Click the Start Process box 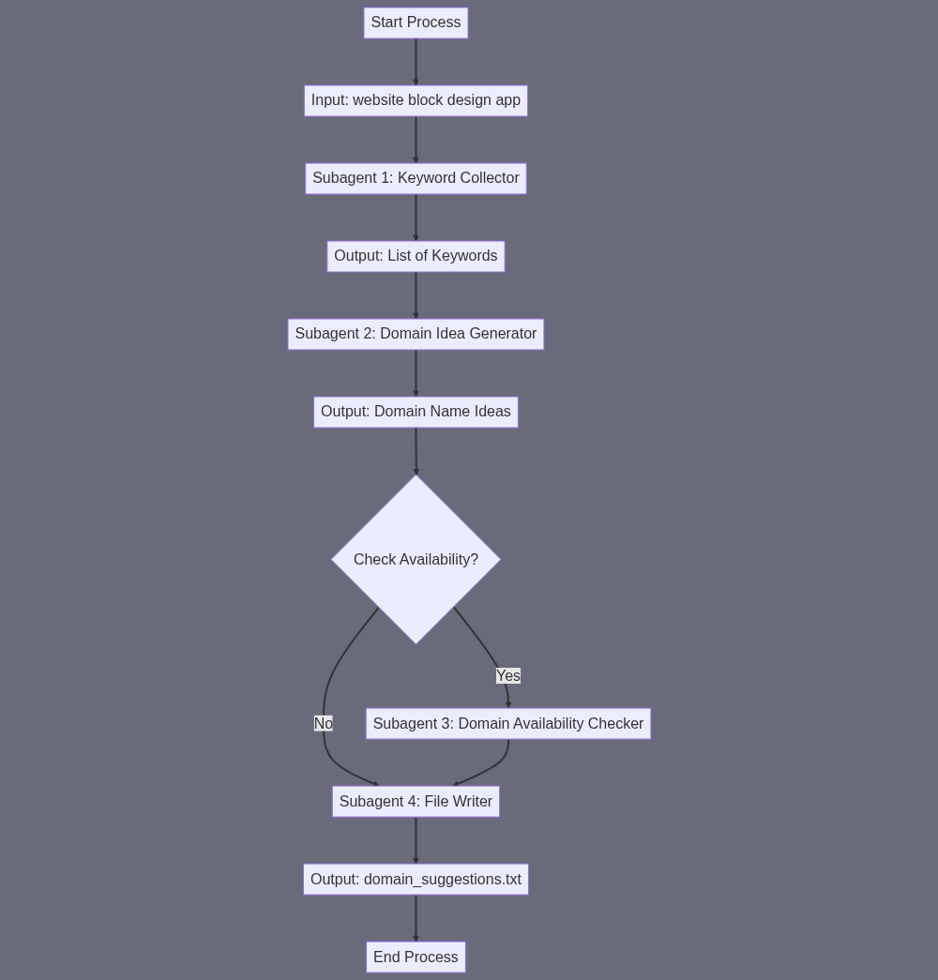pyautogui.click(x=416, y=23)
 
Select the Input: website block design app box pyautogui.click(x=416, y=100)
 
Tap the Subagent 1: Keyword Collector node pyautogui.click(x=416, y=178)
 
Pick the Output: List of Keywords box pyautogui.click(x=416, y=256)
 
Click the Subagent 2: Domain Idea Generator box pyautogui.click(x=416, y=335)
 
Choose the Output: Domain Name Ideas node pyautogui.click(x=416, y=412)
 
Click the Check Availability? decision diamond pyautogui.click(x=416, y=559)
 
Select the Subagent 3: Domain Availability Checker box pyautogui.click(x=508, y=724)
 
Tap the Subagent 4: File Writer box pyautogui.click(x=416, y=801)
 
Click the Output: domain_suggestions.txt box pyautogui.click(x=416, y=880)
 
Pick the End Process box pyautogui.click(x=416, y=957)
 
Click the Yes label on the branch pyautogui.click(x=508, y=675)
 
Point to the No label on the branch pyautogui.click(x=324, y=723)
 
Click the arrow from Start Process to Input pyautogui.click(x=416, y=62)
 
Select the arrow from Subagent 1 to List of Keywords pyautogui.click(x=416, y=218)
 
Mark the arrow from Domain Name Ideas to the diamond pyautogui.click(x=416, y=451)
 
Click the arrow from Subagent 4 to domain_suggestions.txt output pyautogui.click(x=416, y=840)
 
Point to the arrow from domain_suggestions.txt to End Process pyautogui.click(x=416, y=918)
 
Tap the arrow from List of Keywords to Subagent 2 pyautogui.click(x=416, y=295)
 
